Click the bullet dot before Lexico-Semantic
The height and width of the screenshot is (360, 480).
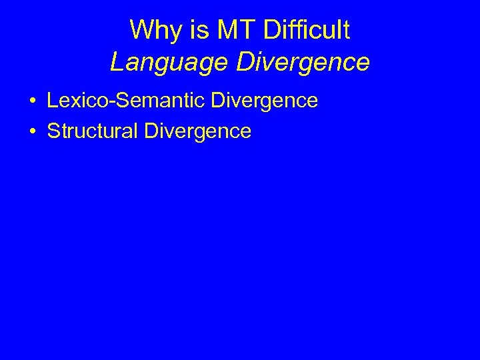(x=32, y=101)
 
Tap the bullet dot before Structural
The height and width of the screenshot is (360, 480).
(x=32, y=131)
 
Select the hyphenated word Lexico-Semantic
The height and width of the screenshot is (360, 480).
(x=126, y=101)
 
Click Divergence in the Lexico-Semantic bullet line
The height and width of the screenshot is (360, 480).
(x=265, y=101)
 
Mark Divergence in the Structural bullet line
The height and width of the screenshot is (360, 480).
(x=197, y=131)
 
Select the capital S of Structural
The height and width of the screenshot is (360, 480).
(x=54, y=131)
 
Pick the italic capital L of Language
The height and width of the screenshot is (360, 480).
(x=117, y=62)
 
